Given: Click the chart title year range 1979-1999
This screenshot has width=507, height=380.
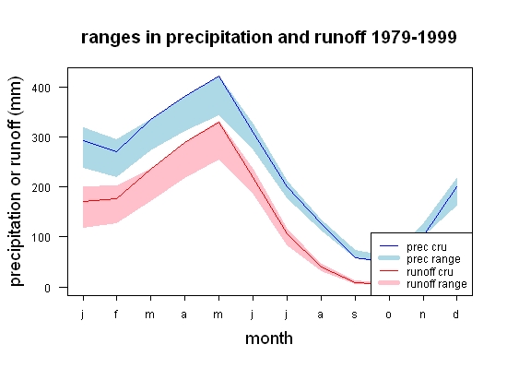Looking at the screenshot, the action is tap(414, 37).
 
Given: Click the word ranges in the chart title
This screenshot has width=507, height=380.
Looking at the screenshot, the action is tap(111, 39).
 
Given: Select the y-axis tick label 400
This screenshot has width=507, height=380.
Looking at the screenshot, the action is tap(41, 88).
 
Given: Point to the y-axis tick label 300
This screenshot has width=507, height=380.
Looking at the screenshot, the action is tap(41, 137).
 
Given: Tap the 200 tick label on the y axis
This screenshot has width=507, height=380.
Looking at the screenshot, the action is tap(41, 187).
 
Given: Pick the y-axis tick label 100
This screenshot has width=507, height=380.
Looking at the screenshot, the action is tap(41, 237).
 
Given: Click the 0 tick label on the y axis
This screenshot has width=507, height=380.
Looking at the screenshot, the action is tap(47, 288).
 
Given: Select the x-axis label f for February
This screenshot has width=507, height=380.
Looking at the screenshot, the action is tap(116, 314).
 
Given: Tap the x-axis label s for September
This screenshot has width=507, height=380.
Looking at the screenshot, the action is tap(355, 315).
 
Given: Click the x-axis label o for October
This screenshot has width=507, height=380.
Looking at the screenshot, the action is tap(389, 315).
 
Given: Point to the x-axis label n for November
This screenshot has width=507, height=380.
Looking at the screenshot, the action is tap(423, 315).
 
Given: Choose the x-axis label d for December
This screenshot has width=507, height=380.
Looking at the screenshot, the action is tap(456, 314).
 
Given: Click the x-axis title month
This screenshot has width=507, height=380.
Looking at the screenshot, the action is tap(269, 338).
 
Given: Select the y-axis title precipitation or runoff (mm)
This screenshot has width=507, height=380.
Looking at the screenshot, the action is tap(16, 182).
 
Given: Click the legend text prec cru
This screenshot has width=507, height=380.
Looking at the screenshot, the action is tap(427, 247).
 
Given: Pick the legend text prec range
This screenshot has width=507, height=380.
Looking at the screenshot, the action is tap(433, 259).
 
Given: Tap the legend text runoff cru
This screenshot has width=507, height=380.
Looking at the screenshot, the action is tap(430, 272).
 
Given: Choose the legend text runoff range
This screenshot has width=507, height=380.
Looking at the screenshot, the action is tap(437, 284).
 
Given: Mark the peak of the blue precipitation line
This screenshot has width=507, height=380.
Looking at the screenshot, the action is tap(218, 77).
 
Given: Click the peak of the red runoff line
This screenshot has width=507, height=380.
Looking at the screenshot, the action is tap(218, 122).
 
